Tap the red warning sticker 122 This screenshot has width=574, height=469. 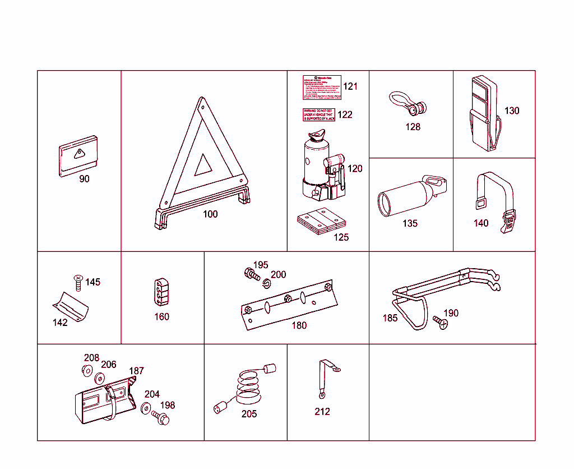coord(318,114)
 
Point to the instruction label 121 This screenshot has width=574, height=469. coord(322,87)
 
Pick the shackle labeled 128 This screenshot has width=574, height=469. coord(409,102)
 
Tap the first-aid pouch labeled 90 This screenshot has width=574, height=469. coord(78,155)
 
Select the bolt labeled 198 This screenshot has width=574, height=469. coord(161,417)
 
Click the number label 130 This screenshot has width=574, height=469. coord(512,111)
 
